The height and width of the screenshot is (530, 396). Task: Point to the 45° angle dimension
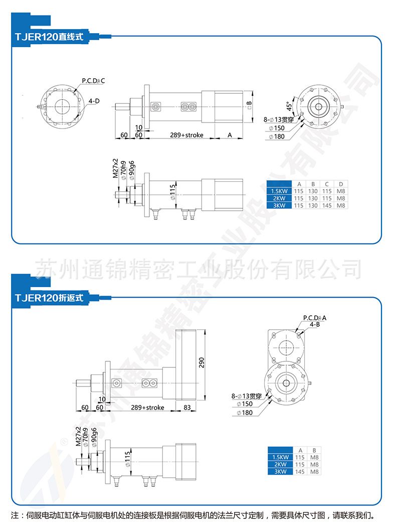(x=289, y=107)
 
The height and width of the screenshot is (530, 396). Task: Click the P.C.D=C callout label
(x=93, y=80)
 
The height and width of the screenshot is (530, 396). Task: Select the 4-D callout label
(x=94, y=101)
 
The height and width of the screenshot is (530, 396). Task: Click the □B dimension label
(x=249, y=104)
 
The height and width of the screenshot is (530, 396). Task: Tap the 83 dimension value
(x=186, y=407)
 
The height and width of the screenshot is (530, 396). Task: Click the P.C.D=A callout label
(x=314, y=318)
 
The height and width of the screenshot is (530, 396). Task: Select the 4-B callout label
(x=314, y=324)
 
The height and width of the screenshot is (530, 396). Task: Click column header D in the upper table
(x=340, y=184)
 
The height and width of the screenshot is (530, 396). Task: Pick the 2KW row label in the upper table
(x=279, y=198)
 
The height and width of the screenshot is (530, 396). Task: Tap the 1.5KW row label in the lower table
(x=280, y=457)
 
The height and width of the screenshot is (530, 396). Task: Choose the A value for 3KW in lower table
(x=300, y=471)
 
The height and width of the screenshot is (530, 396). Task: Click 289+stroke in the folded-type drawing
(x=148, y=407)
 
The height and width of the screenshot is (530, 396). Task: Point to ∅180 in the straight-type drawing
(x=276, y=137)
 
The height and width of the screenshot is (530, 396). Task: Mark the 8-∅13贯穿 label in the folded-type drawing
(x=246, y=396)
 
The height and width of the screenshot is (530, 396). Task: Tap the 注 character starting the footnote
(x=14, y=515)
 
